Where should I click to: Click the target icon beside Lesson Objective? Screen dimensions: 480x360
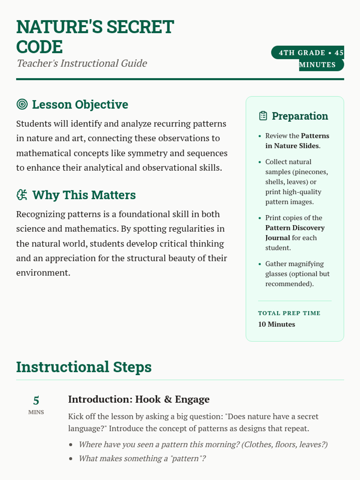click(22, 104)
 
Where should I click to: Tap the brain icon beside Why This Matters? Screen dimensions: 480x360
click(22, 195)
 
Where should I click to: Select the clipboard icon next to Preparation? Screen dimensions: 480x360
click(263, 116)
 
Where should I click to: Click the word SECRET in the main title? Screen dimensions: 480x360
click(140, 27)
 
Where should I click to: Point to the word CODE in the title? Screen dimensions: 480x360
click(39, 47)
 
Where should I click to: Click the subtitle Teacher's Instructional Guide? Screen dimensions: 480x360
click(82, 63)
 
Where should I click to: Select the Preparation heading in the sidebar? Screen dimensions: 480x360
click(300, 116)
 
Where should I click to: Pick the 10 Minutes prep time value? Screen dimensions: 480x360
click(276, 324)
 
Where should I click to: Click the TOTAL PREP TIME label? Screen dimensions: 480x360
click(289, 313)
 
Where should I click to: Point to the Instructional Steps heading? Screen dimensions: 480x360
click(84, 367)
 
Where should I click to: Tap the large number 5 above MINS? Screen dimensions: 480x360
click(36, 400)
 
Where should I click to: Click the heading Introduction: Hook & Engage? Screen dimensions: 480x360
click(139, 399)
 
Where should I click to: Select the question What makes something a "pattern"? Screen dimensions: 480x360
click(142, 458)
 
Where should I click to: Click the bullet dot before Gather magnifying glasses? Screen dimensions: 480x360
click(260, 264)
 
